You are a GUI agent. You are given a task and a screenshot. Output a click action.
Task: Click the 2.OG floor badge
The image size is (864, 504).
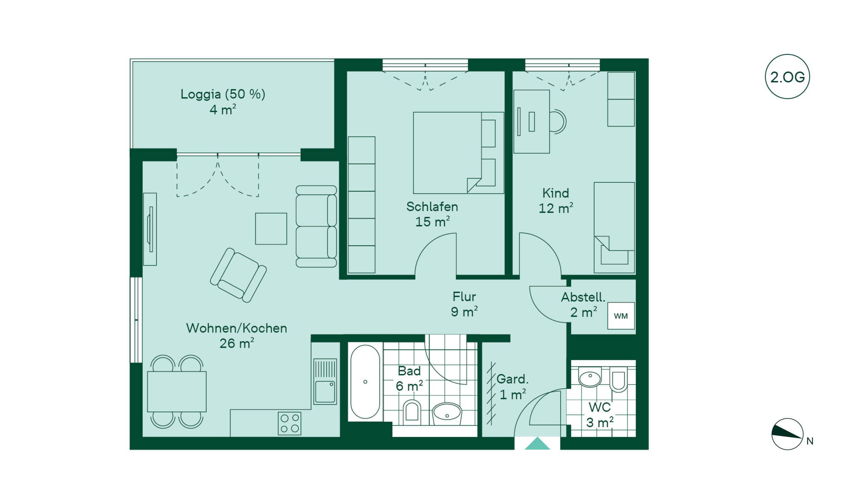pyautogui.click(x=787, y=76)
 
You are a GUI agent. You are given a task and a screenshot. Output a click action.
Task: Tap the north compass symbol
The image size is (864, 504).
pyautogui.click(x=787, y=434)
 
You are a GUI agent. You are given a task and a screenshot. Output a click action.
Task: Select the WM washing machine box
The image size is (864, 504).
pyautogui.click(x=621, y=316)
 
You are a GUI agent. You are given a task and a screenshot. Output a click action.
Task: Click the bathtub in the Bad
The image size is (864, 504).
pyautogui.click(x=365, y=381)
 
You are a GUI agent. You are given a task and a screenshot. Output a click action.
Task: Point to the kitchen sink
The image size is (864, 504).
pyautogui.click(x=325, y=381)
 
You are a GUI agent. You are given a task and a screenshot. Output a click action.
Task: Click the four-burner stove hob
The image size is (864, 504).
pyautogui.click(x=290, y=423)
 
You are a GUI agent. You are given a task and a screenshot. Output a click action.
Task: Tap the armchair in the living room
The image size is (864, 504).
pyautogui.click(x=238, y=275)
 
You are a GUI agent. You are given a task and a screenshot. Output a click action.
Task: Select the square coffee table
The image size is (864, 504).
pyautogui.click(x=271, y=228)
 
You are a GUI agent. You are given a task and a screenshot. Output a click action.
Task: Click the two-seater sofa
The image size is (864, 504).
pyautogui.click(x=316, y=226)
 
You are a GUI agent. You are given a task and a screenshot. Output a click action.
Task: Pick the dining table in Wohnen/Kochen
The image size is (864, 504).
pyautogui.click(x=177, y=392)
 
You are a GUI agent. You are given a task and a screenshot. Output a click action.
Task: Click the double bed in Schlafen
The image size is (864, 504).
pyautogui.click(x=459, y=153)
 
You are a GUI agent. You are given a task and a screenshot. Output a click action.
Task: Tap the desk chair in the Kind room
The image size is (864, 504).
pyautogui.click(x=558, y=122)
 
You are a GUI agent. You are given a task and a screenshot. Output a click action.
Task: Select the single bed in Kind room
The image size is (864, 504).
pyautogui.click(x=614, y=228)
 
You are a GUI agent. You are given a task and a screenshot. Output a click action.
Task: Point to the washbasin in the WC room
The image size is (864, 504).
pyautogui.click(x=590, y=376)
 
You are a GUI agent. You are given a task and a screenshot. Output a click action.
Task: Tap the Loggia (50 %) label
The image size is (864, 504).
pyautogui.click(x=223, y=94)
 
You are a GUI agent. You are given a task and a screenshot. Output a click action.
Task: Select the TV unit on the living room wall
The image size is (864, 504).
pyautogui.click(x=150, y=229)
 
